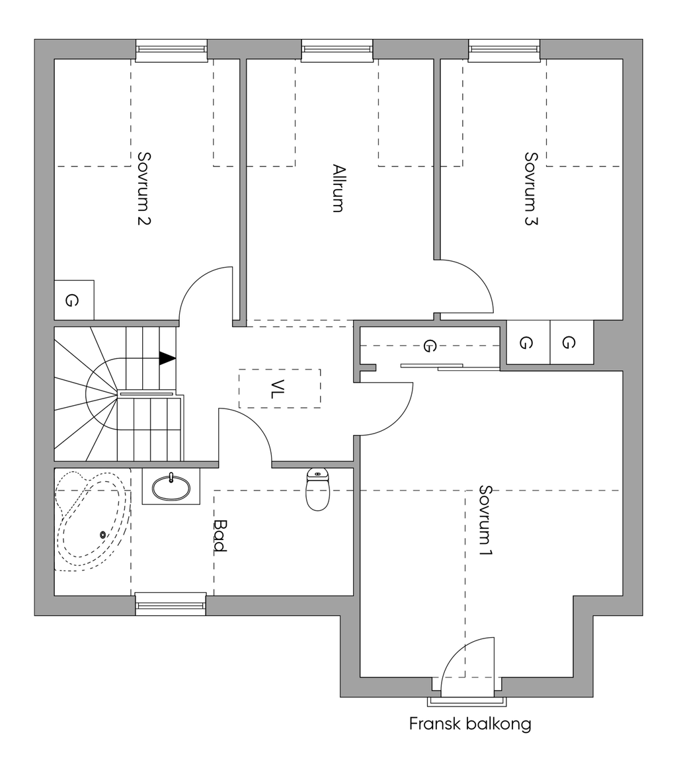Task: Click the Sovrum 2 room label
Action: [143, 188]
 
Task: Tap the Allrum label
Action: [338, 188]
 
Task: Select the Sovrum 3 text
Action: [531, 188]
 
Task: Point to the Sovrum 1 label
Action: [485, 521]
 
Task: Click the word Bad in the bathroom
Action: [220, 536]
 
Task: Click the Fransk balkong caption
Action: [470, 724]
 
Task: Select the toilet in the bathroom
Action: [317, 489]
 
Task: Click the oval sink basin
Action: [171, 488]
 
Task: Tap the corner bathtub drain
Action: [103, 535]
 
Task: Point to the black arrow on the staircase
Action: [167, 358]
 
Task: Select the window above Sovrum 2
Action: [171, 51]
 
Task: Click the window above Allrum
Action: [337, 51]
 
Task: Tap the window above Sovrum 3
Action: [504, 51]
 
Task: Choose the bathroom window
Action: [171, 605]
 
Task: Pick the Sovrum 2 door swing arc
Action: [194, 283]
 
